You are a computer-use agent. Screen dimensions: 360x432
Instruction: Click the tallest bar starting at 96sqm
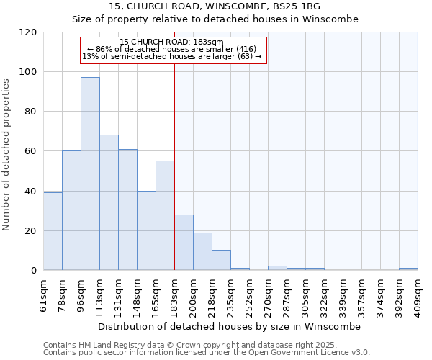[x=90, y=174]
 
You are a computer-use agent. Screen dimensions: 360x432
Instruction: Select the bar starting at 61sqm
[x=53, y=231]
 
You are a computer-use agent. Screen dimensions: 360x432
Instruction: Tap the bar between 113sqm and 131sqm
[x=109, y=202]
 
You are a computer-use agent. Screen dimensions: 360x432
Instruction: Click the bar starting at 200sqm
[x=184, y=242]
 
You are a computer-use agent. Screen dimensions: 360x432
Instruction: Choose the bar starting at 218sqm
[x=202, y=251]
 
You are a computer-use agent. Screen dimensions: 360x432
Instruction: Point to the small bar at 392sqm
[x=408, y=269]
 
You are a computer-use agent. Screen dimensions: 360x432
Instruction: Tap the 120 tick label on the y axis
[x=28, y=32]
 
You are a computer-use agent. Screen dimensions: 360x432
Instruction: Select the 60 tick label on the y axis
[x=31, y=151]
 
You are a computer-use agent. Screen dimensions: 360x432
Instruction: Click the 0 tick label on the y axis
[x=34, y=271]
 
